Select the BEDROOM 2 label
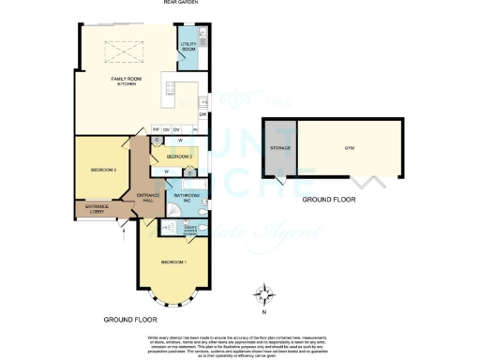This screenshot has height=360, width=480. pos(103,170)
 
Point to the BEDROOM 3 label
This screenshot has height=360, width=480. pos(179,156)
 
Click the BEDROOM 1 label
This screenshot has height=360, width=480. pos(173,261)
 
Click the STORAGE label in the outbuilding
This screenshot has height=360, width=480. pos(280,148)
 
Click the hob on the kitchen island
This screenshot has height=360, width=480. pos(170,90)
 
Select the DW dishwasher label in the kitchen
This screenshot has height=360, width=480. pos(202,114)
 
